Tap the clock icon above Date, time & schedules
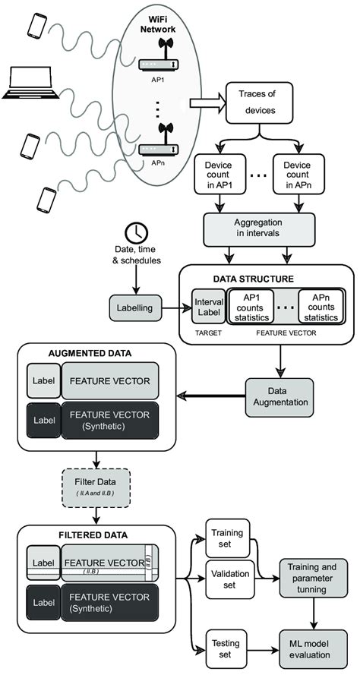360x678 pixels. click(x=137, y=232)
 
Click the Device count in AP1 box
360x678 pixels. click(x=221, y=173)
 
